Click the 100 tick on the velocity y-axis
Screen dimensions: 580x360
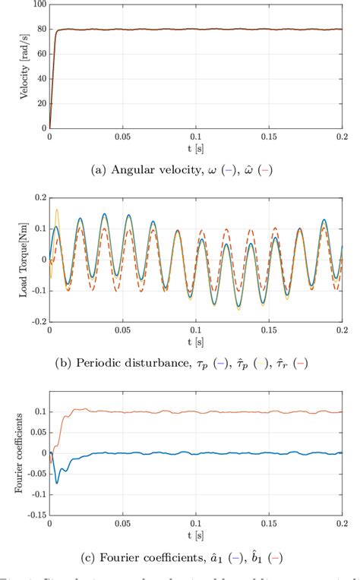(x=38, y=5)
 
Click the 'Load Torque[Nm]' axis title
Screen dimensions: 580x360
(x=15, y=259)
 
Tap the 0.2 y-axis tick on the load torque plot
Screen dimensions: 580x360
(x=39, y=197)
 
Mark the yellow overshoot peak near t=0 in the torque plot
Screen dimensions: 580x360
(x=56, y=210)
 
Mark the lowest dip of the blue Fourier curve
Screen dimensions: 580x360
(x=56, y=483)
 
